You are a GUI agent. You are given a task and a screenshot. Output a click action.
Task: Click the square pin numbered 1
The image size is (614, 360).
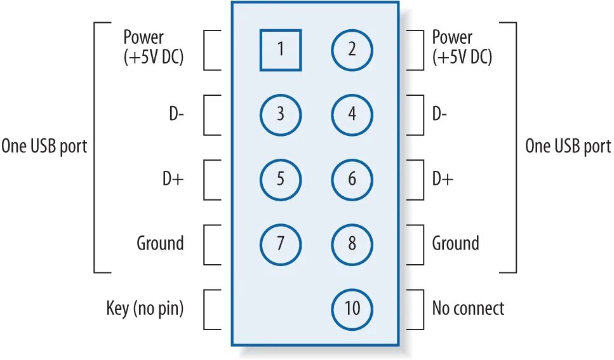(x=280, y=50)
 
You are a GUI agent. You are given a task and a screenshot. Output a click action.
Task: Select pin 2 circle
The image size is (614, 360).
(x=352, y=50)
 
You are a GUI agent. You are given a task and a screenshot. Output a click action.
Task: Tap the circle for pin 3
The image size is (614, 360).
(x=280, y=115)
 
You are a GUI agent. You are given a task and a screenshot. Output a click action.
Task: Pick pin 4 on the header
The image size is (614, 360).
(x=352, y=115)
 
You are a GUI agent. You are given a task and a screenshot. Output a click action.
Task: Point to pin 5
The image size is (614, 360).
(x=280, y=180)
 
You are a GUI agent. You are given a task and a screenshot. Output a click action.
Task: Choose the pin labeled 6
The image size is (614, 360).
(x=352, y=180)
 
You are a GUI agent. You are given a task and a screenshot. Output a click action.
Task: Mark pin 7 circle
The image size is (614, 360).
(x=280, y=244)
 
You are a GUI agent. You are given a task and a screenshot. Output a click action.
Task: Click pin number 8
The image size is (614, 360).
(x=352, y=244)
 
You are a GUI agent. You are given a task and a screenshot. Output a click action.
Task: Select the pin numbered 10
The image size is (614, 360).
(x=352, y=309)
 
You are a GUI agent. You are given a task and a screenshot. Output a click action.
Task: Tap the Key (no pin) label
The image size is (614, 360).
(x=145, y=309)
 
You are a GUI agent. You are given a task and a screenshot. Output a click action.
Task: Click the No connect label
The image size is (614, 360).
(x=468, y=309)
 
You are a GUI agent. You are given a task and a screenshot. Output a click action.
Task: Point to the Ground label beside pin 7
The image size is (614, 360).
(x=160, y=243)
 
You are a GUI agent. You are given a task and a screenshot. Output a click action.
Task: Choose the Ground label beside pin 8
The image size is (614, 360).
(x=455, y=243)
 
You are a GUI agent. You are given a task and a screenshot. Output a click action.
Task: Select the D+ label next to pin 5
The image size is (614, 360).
(x=173, y=180)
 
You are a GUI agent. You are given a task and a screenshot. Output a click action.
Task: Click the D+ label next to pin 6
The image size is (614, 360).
(x=443, y=180)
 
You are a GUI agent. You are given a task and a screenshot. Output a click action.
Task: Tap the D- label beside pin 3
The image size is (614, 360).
(x=175, y=115)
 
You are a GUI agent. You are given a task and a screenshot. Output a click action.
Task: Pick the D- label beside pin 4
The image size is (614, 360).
(x=439, y=115)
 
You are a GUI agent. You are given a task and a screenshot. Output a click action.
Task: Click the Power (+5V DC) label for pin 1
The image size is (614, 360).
(x=153, y=48)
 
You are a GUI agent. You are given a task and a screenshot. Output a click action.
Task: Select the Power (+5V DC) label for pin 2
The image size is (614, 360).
(x=462, y=48)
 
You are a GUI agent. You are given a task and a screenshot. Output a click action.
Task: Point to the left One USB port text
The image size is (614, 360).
(x=44, y=147)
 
